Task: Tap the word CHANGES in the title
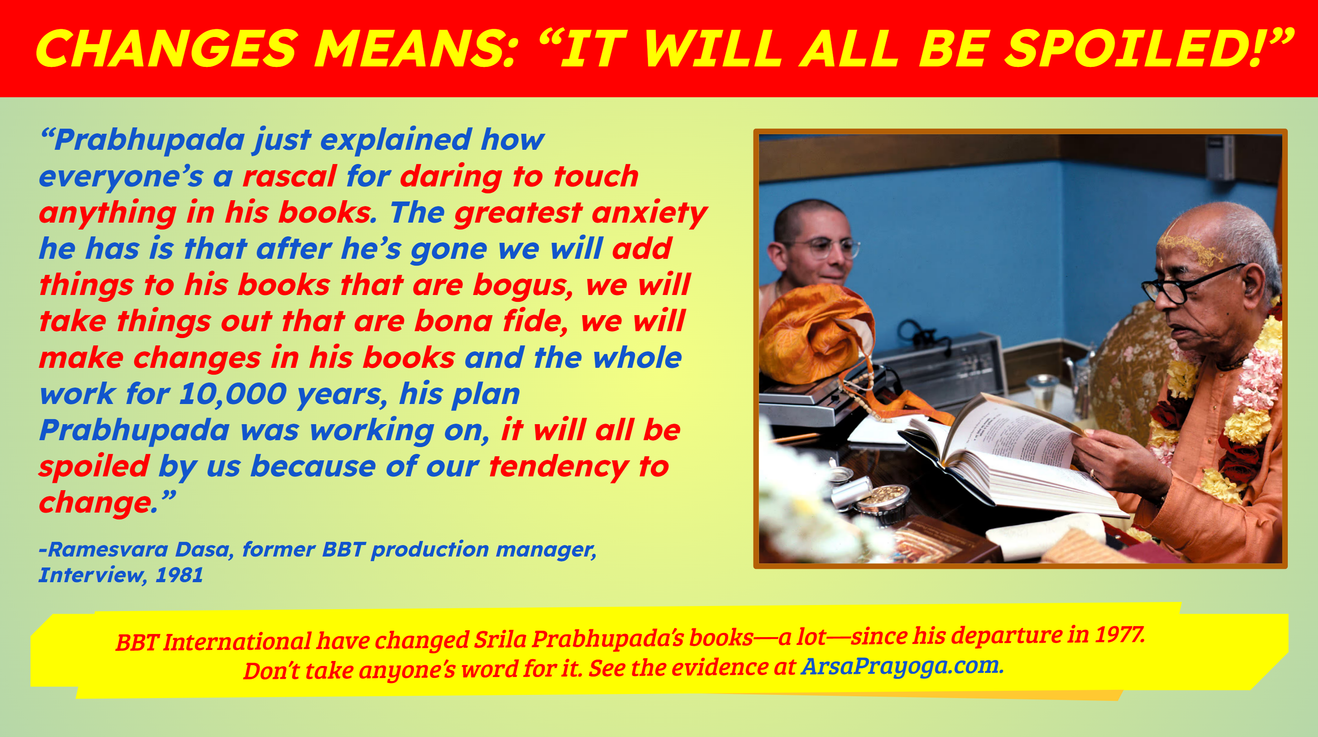point(167,49)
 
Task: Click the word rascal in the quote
point(289,176)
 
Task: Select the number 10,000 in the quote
point(233,394)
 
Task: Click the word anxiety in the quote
point(649,213)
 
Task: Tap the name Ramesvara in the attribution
point(108,549)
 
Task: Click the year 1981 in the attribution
point(179,575)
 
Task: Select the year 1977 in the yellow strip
point(1119,635)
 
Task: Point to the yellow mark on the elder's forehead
point(1187,246)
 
